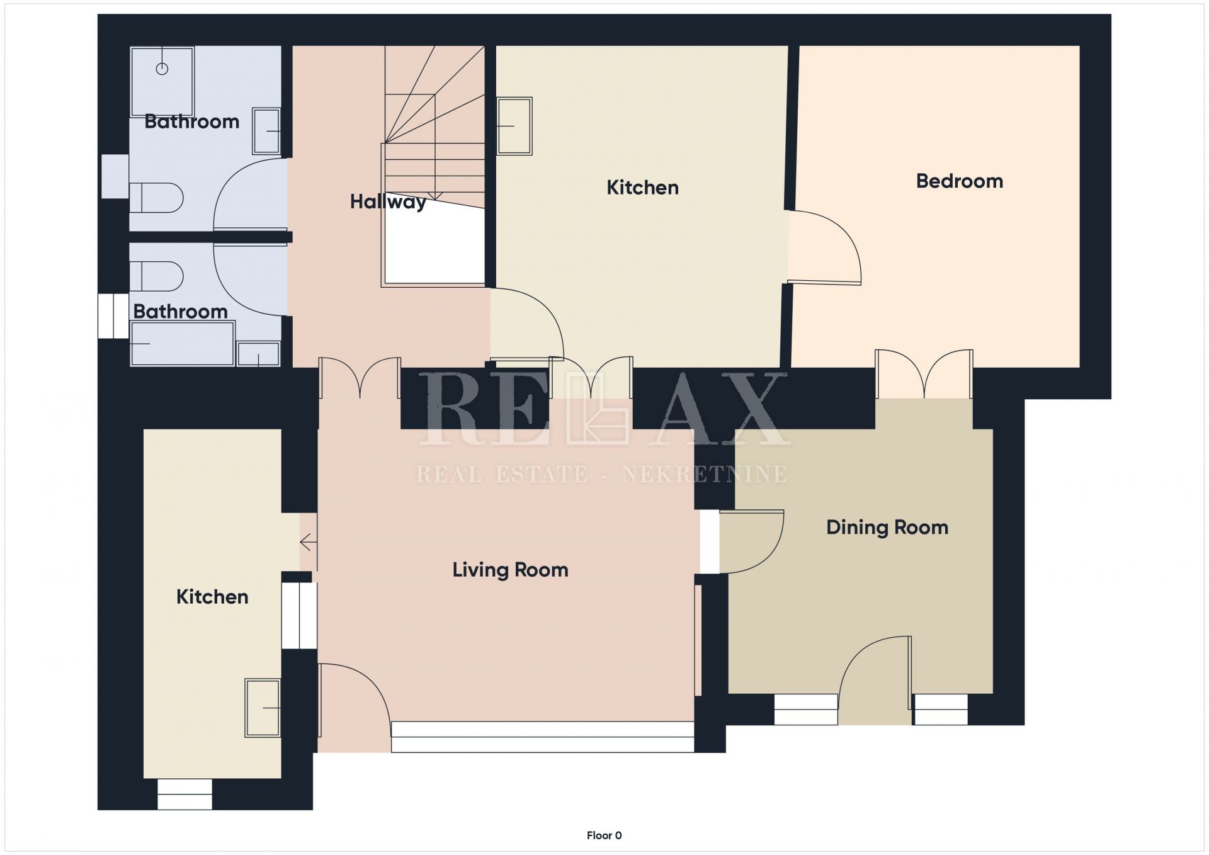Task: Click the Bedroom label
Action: pyautogui.click(x=959, y=181)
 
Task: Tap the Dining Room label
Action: pyautogui.click(x=887, y=527)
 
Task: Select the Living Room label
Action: pyautogui.click(x=510, y=570)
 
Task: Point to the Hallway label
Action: pyautogui.click(x=388, y=202)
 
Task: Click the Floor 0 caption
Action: pyautogui.click(x=604, y=835)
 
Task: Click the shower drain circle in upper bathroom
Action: pyautogui.click(x=162, y=69)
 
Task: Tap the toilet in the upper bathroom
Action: pyautogui.click(x=156, y=198)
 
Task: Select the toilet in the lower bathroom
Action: pyautogui.click(x=156, y=276)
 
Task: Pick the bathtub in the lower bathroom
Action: pyautogui.click(x=183, y=343)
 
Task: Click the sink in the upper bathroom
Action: pyautogui.click(x=266, y=131)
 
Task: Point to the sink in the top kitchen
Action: pyautogui.click(x=514, y=126)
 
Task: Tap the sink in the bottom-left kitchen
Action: pyautogui.click(x=263, y=708)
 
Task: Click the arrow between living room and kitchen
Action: pyautogui.click(x=308, y=542)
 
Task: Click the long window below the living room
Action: pyautogui.click(x=543, y=737)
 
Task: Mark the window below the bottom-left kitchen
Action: pyautogui.click(x=184, y=794)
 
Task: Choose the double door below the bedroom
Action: pyautogui.click(x=924, y=374)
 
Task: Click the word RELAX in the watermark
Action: pyautogui.click(x=603, y=409)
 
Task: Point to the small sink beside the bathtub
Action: pyautogui.click(x=258, y=354)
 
